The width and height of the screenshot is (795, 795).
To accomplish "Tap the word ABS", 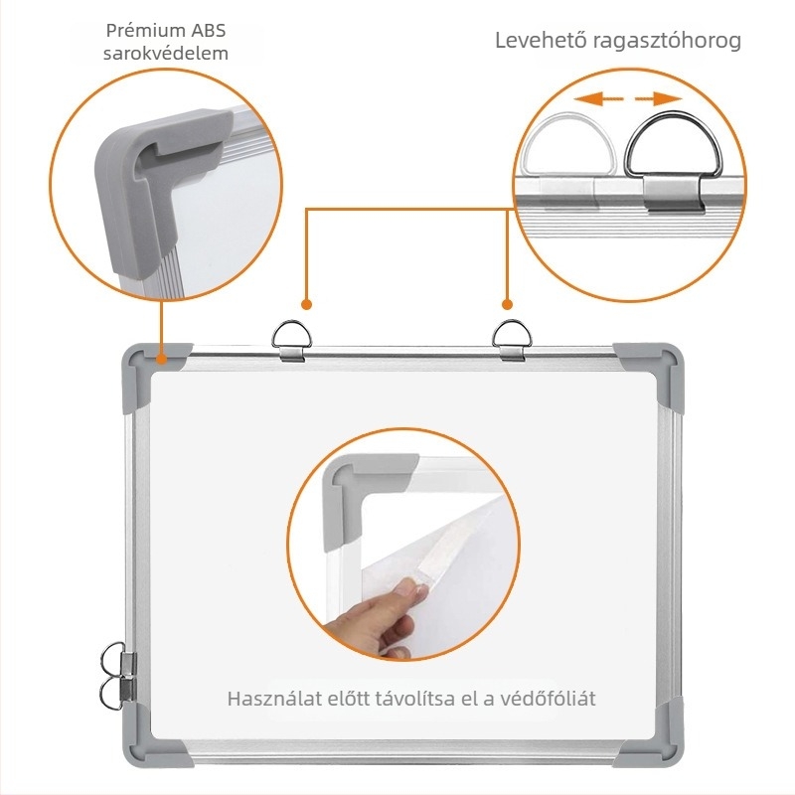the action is (x=208, y=31).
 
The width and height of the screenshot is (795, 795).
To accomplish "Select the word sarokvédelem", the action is (x=166, y=53).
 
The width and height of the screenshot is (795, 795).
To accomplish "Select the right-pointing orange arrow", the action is (x=659, y=98).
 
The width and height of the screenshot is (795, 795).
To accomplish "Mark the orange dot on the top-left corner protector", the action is (x=162, y=360).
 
